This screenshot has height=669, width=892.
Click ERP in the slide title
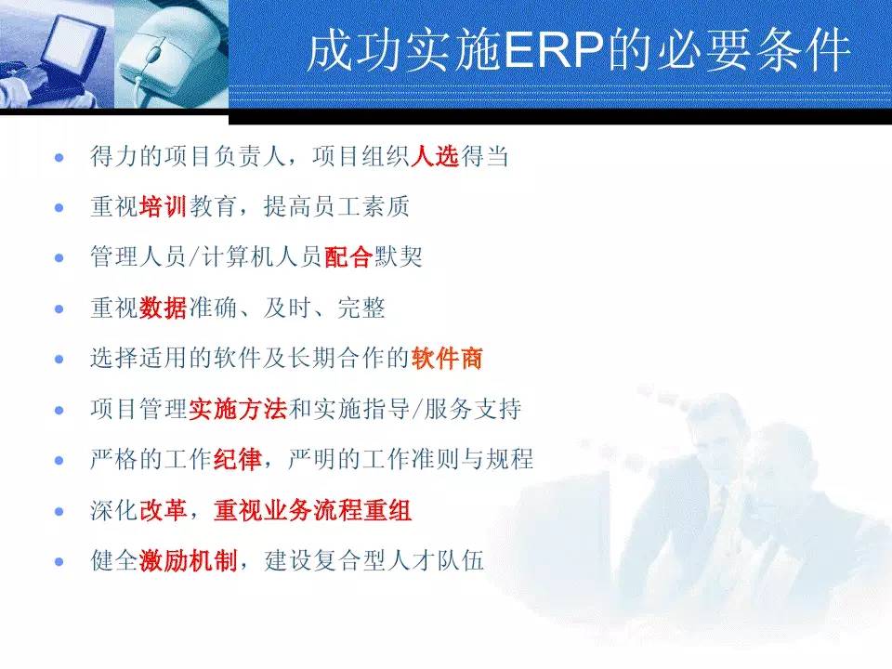point(553,50)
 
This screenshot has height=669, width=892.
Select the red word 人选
point(435,156)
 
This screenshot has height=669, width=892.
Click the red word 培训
point(163,206)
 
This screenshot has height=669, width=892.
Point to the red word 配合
point(348,257)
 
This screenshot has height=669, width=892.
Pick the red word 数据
point(163,308)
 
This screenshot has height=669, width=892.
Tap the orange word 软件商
point(447,359)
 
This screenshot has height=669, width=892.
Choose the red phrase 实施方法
point(238,409)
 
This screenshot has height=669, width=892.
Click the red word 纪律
point(238,460)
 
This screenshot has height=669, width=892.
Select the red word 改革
point(164,510)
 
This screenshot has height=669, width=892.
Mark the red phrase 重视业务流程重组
point(313,510)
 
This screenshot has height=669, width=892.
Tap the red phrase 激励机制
point(189,561)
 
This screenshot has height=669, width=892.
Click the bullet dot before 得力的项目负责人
point(59,157)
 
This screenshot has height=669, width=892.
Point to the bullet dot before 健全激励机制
point(59,562)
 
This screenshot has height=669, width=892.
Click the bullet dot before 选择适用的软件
point(59,360)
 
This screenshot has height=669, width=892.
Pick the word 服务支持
point(473,409)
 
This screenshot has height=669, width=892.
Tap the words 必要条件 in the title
point(754,50)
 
